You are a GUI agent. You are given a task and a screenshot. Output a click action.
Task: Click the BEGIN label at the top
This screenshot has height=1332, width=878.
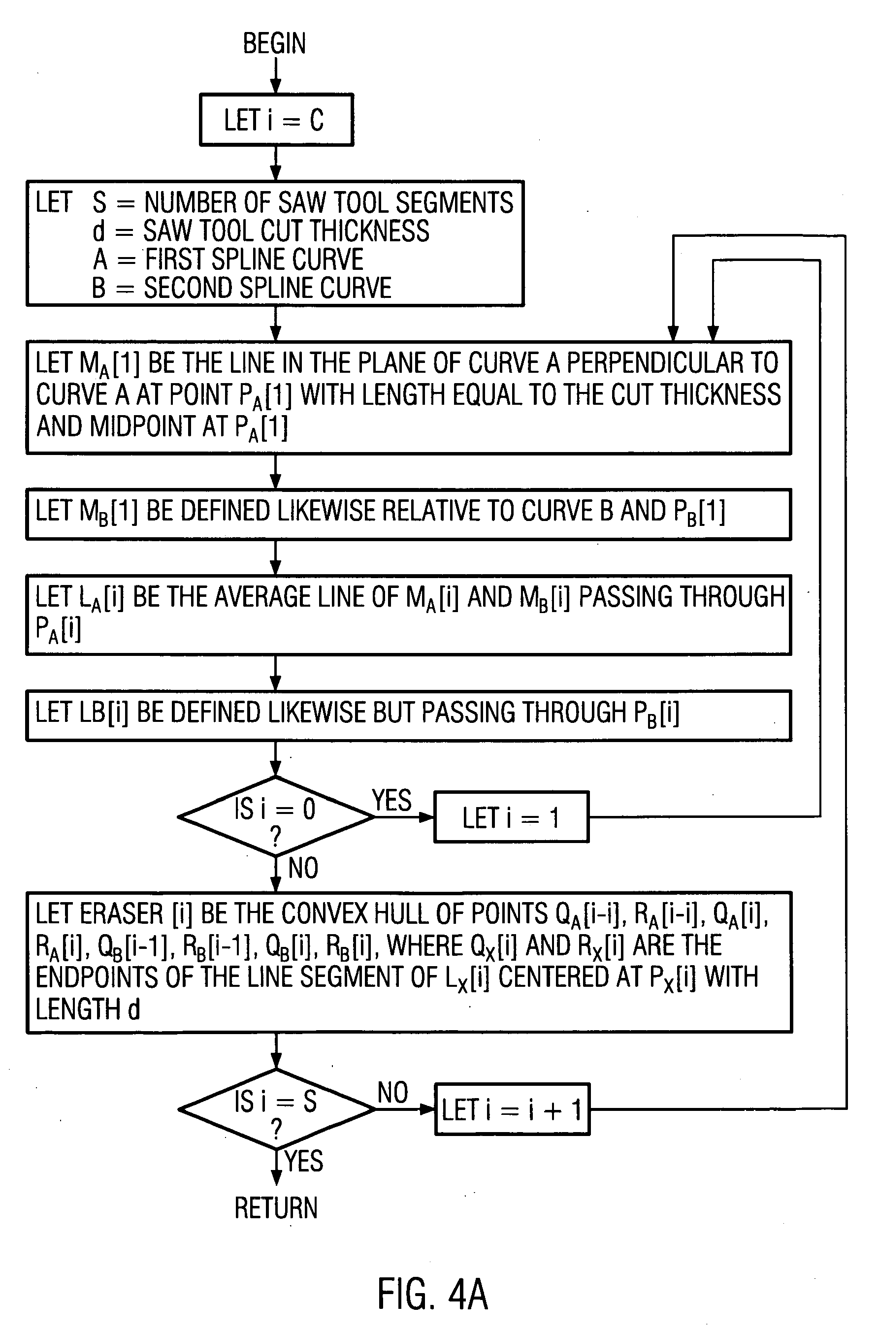[x=274, y=44]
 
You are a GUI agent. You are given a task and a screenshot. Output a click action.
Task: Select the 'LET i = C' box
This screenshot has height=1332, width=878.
[x=276, y=120]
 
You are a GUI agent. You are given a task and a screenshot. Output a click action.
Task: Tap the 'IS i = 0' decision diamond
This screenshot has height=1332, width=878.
[x=275, y=816]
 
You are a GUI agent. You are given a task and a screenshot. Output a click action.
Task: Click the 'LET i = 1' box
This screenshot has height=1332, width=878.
[x=511, y=817]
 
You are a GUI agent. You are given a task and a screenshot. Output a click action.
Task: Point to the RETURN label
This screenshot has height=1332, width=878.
[x=276, y=1208]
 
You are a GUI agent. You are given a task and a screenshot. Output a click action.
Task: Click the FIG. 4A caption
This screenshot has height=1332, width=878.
[x=432, y=1294]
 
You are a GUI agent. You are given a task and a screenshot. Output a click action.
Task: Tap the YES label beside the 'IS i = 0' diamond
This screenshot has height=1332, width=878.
[x=392, y=800]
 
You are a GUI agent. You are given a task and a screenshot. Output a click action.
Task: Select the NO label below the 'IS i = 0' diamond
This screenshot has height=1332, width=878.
[x=303, y=869]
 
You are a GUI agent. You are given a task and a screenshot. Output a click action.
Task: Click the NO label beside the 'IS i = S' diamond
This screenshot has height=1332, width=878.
[x=392, y=1092]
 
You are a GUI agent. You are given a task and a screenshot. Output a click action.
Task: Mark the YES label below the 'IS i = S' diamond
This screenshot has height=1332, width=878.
[x=304, y=1161]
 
